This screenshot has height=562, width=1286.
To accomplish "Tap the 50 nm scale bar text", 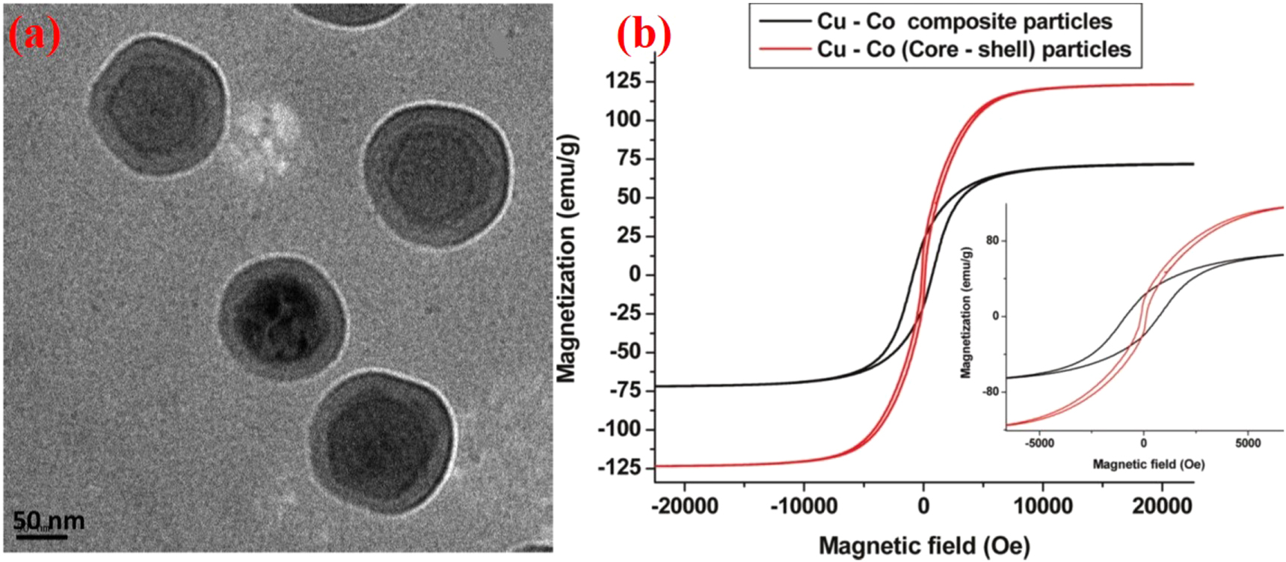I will coord(49,520).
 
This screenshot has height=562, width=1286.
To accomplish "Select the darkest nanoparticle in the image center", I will coord(283,318).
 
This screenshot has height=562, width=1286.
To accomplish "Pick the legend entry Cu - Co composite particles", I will coord(964,22).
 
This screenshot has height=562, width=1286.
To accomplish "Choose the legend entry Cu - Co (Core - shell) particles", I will coord(973,49).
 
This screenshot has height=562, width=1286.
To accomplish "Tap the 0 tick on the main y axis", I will coord(634,274).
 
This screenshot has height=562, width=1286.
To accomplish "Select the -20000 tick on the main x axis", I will coord(684,507).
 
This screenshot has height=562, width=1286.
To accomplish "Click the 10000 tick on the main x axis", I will coord(1042,507).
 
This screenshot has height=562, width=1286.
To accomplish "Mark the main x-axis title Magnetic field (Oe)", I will coord(924,546).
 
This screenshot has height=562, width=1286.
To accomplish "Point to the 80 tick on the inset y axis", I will coord(991,241).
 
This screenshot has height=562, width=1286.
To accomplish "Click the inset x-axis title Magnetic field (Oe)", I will coord(1148,465).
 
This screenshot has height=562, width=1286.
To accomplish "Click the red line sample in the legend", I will coord(785,49).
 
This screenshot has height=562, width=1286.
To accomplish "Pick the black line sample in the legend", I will coord(785,22).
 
